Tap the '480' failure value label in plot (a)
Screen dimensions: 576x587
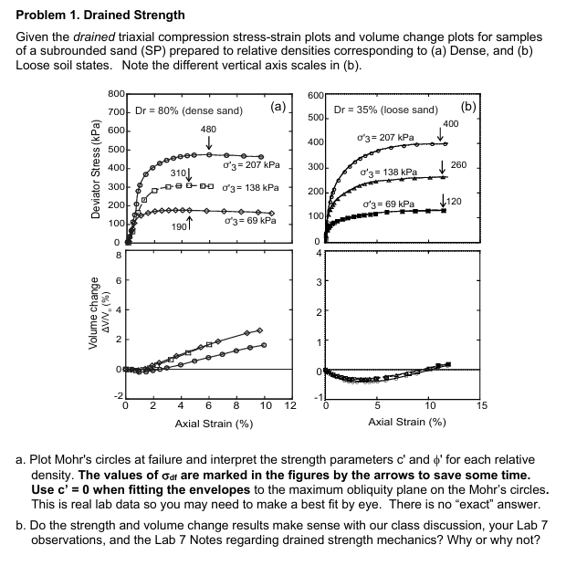click(208, 129)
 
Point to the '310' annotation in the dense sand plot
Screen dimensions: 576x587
click(179, 173)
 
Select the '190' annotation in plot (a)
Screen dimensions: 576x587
click(179, 225)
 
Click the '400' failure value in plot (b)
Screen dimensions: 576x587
click(450, 123)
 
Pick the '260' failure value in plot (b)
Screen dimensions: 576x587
click(458, 163)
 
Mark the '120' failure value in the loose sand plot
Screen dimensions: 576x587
click(454, 201)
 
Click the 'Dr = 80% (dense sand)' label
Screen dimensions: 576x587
click(189, 111)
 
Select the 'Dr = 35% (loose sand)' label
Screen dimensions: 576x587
click(386, 111)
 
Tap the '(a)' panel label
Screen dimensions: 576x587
click(278, 107)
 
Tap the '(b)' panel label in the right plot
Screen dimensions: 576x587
click(468, 107)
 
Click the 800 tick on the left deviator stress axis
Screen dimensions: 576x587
click(116, 95)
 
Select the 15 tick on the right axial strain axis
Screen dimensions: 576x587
click(483, 405)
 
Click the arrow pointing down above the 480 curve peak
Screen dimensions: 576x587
click(209, 143)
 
